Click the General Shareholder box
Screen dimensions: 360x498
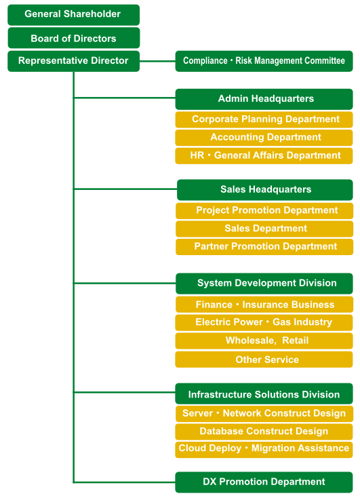click(x=74, y=15)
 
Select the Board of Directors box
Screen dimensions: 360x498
click(x=74, y=38)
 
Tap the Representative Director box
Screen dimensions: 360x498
click(x=74, y=61)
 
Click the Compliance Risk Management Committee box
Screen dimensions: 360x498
click(x=264, y=61)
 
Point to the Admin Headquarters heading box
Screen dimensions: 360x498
click(x=264, y=99)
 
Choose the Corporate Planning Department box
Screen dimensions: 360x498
click(x=264, y=119)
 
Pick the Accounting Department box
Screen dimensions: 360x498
click(x=264, y=138)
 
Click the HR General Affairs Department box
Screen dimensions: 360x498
click(x=264, y=155)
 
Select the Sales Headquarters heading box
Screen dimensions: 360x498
click(x=265, y=190)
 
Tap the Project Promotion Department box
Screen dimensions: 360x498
click(x=264, y=211)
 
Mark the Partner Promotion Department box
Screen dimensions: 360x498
click(x=264, y=247)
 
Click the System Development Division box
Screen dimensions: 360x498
click(x=264, y=284)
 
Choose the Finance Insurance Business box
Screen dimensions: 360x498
click(x=264, y=305)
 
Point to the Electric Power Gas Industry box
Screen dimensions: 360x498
click(x=264, y=323)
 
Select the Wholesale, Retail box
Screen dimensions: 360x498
click(x=264, y=341)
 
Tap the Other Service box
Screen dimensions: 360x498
click(x=264, y=359)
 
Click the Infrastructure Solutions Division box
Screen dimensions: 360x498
click(x=264, y=394)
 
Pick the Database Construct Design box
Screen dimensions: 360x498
click(x=264, y=432)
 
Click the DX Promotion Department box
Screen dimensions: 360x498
click(x=264, y=482)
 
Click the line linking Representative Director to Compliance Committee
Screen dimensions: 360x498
click(x=157, y=61)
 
